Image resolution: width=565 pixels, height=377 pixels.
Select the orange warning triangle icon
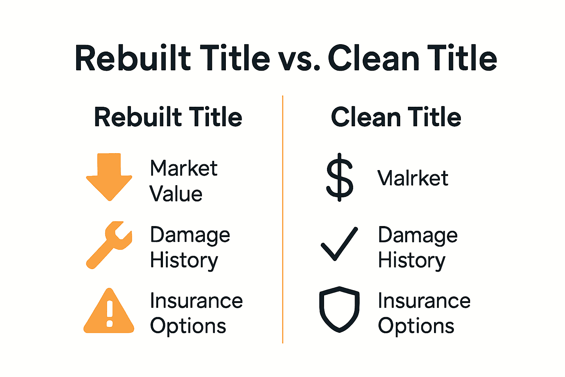[109, 313]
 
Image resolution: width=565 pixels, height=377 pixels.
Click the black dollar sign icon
[340, 177]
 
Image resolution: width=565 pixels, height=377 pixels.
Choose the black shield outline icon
[339, 309]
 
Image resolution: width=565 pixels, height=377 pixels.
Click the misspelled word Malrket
[413, 178]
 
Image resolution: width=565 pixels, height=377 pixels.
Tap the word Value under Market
[176, 194]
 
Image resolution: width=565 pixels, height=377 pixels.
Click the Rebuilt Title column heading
[168, 117]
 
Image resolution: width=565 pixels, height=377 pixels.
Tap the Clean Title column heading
[396, 117]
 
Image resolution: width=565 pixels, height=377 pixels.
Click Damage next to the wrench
[190, 235]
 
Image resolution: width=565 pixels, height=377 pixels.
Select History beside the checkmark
[412, 261]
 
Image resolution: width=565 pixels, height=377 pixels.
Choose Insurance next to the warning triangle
[196, 301]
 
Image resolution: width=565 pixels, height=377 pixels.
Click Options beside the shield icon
[416, 326]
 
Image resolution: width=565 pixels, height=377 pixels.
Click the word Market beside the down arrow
[184, 168]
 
